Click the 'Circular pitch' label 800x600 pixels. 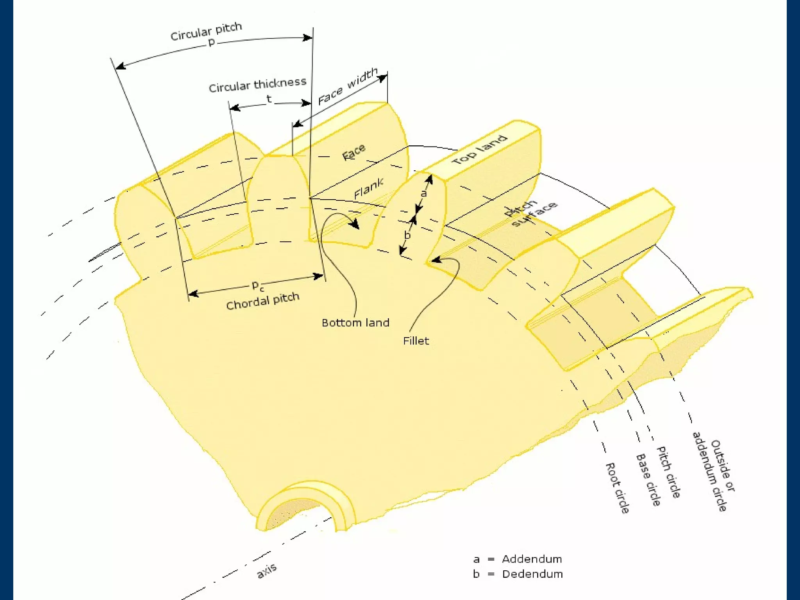pyautogui.click(x=206, y=31)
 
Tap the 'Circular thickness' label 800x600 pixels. pyautogui.click(x=257, y=84)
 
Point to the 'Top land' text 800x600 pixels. pyautogui.click(x=480, y=150)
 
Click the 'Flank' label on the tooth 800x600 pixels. pyautogui.click(x=368, y=188)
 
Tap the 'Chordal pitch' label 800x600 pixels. pyautogui.click(x=262, y=301)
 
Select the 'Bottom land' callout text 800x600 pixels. pyautogui.click(x=355, y=323)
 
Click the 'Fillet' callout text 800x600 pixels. pyautogui.click(x=416, y=341)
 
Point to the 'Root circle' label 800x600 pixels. pyautogui.click(x=618, y=488)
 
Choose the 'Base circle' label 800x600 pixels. pyautogui.click(x=648, y=480)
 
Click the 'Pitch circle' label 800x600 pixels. pyautogui.click(x=669, y=472)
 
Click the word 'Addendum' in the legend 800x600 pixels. pyautogui.click(x=532, y=559)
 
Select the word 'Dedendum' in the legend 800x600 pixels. pyautogui.click(x=532, y=574)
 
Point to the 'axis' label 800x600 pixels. pyautogui.click(x=267, y=570)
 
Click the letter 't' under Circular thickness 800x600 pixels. pyautogui.click(x=269, y=99)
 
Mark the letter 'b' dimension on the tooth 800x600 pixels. pyautogui.click(x=407, y=235)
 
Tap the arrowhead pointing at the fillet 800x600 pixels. pyautogui.click(x=435, y=260)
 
